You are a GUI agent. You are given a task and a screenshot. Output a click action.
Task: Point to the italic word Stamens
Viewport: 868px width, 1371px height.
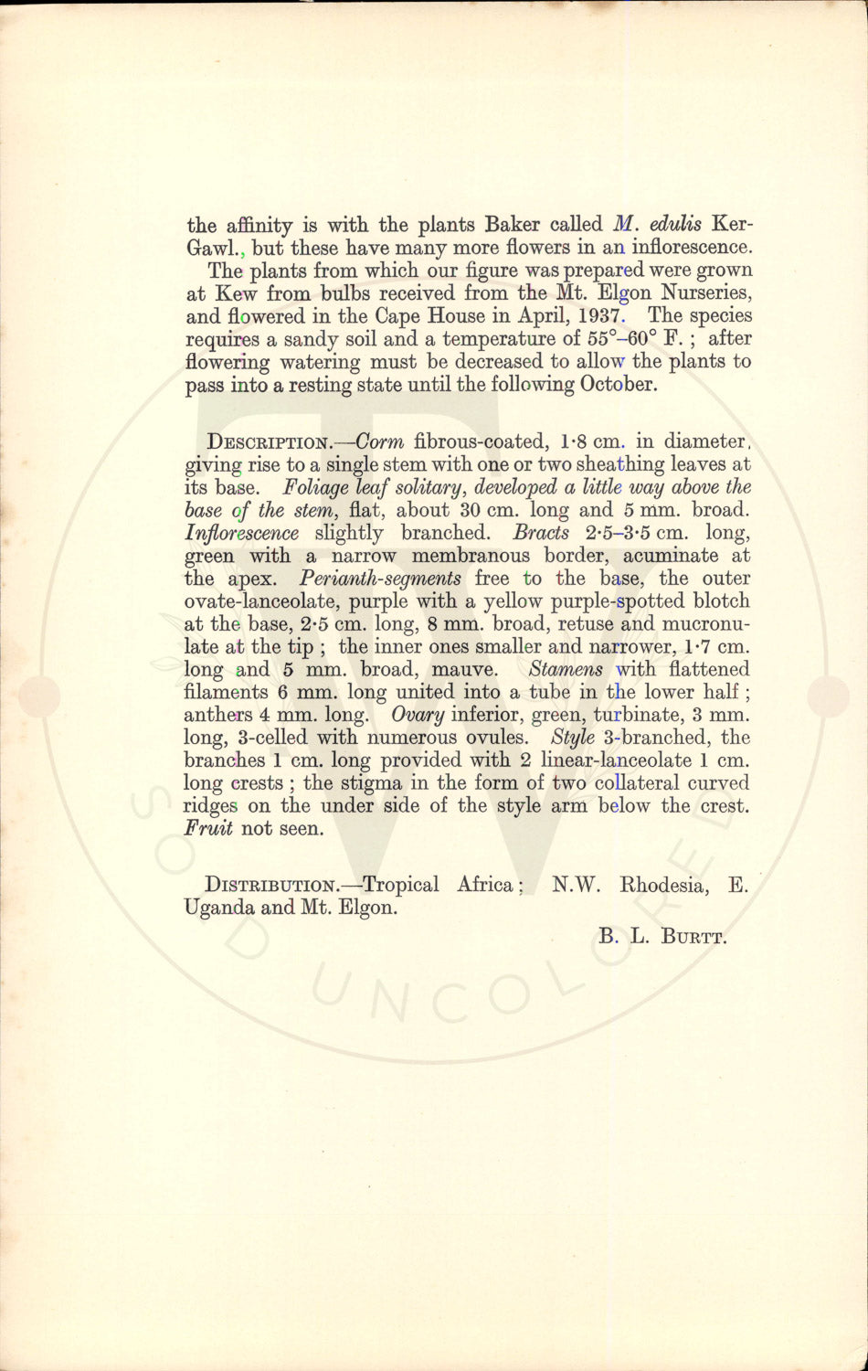pos(566,669)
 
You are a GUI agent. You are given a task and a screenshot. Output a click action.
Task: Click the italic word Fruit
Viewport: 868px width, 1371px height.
pos(208,829)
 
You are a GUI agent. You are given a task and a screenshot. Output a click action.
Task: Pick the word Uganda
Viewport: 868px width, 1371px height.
pos(219,909)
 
